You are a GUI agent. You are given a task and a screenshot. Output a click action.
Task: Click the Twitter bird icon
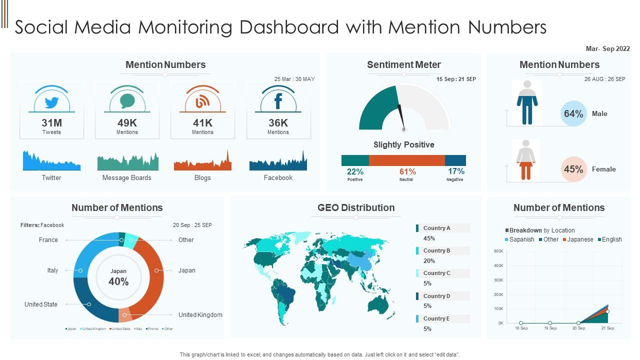[x=51, y=102]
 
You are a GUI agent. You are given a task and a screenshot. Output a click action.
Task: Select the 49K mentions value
[x=127, y=123]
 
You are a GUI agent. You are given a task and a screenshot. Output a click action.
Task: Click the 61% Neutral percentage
[x=407, y=171]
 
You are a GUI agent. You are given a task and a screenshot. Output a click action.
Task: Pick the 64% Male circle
[x=573, y=113]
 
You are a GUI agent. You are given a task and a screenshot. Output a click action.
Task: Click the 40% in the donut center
[x=118, y=281]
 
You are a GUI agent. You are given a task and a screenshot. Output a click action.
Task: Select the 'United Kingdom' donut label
[x=200, y=315]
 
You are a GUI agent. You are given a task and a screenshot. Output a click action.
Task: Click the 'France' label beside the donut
[x=48, y=240]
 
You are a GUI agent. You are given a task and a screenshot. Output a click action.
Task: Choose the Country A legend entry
[x=436, y=228]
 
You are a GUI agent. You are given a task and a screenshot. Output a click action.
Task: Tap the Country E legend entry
[x=436, y=318]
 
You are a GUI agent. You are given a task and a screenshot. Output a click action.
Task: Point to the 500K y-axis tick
[x=498, y=251]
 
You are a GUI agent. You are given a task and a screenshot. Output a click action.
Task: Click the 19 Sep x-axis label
[x=550, y=328]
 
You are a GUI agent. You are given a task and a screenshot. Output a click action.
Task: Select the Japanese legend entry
[x=579, y=239]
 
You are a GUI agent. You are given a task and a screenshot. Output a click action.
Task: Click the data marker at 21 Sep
[x=607, y=312]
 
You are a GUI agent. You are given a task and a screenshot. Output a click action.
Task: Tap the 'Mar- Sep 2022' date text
[x=607, y=49]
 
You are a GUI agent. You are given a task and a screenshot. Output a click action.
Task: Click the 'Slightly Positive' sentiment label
[x=403, y=144]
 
